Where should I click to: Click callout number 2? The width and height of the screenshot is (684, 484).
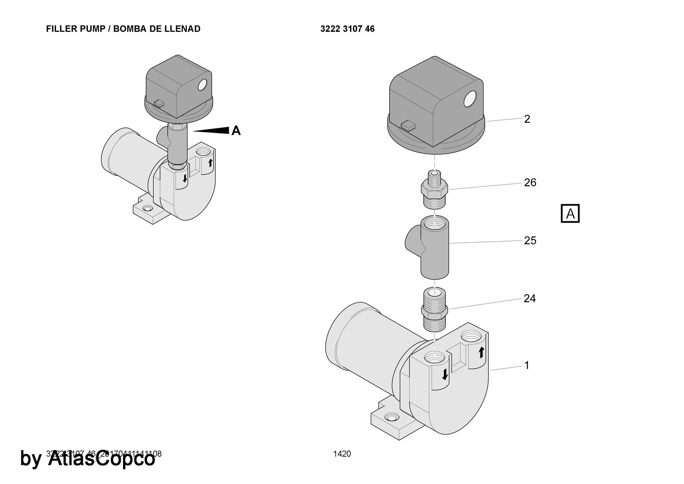[x=527, y=119]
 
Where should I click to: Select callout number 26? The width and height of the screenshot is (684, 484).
[x=530, y=183]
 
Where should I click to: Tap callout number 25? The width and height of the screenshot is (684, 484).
[x=530, y=241]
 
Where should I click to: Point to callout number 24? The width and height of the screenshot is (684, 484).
[x=529, y=299]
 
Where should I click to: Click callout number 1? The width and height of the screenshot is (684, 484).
[x=527, y=366]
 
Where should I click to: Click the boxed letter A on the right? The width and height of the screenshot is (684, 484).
[x=570, y=214]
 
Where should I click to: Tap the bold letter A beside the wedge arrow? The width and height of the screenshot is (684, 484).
[x=236, y=131]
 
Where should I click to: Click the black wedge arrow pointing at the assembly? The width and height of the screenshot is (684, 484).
[x=212, y=130]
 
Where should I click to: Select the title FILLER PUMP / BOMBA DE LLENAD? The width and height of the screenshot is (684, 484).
[x=123, y=29]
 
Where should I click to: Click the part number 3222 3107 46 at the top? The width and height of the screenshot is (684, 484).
[x=347, y=29]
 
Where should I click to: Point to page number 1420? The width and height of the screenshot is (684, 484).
[x=342, y=454]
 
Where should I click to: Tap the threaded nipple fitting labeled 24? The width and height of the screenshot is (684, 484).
[x=434, y=310]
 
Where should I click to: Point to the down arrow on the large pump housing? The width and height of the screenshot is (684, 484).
[x=445, y=374]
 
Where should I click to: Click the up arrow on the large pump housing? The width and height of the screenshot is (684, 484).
[x=481, y=352]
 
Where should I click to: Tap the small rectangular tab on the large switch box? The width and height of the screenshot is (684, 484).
[x=408, y=125]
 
